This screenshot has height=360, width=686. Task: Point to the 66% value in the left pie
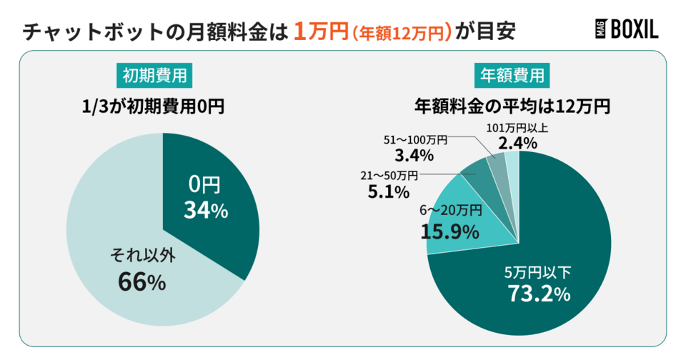pyautogui.click(x=142, y=282)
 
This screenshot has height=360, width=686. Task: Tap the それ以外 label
pyautogui.click(x=142, y=255)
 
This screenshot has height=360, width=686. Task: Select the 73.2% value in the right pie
pyautogui.click(x=538, y=293)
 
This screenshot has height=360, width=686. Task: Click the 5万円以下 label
pyautogui.click(x=538, y=271)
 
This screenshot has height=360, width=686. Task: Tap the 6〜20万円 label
pyautogui.click(x=450, y=210)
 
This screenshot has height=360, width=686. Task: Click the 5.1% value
pyautogui.click(x=390, y=191)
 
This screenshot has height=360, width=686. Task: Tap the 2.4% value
pyautogui.click(x=517, y=144)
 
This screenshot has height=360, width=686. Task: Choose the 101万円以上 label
pyautogui.click(x=517, y=128)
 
